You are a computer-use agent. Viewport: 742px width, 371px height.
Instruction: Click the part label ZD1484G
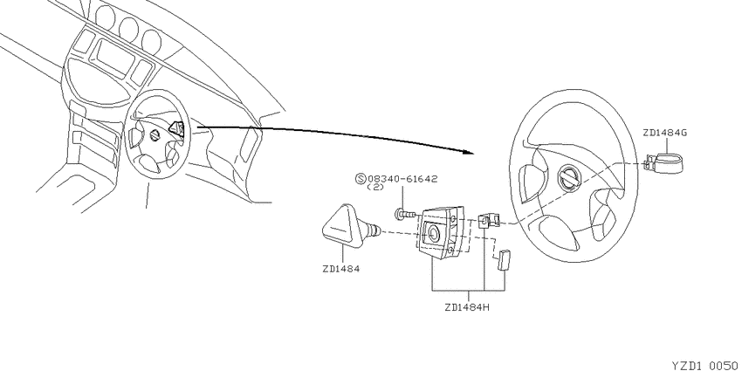[664, 133]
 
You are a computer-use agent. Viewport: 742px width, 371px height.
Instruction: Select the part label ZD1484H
[467, 307]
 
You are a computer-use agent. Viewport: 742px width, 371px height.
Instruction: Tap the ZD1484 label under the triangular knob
[340, 269]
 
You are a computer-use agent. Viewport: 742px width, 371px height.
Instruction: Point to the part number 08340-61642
[402, 179]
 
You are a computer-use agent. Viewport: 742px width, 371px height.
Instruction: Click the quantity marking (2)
[375, 188]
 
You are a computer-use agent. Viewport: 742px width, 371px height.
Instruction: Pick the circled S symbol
[361, 179]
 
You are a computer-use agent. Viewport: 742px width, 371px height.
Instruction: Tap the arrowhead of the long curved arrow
[468, 152]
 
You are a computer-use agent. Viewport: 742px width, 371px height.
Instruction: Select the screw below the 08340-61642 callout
[406, 216]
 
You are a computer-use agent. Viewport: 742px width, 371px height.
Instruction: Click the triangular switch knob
[341, 226]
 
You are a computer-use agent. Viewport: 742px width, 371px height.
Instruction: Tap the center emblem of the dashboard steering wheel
[155, 137]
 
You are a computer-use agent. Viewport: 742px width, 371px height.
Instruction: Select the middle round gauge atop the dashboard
[127, 30]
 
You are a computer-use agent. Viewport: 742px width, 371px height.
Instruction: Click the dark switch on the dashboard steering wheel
[177, 128]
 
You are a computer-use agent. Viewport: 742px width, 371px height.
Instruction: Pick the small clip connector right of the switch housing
[488, 220]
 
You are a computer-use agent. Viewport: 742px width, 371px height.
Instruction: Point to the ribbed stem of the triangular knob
[374, 230]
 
